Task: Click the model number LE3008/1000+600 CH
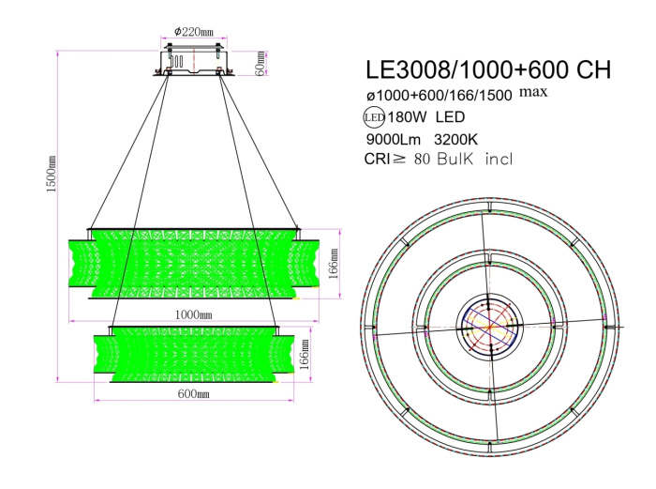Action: point(487,70)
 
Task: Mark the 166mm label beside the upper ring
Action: point(334,264)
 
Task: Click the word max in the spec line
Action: point(533,91)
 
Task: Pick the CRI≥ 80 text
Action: point(397,160)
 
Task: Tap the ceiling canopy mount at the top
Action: point(194,61)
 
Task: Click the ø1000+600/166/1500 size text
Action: point(438,96)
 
